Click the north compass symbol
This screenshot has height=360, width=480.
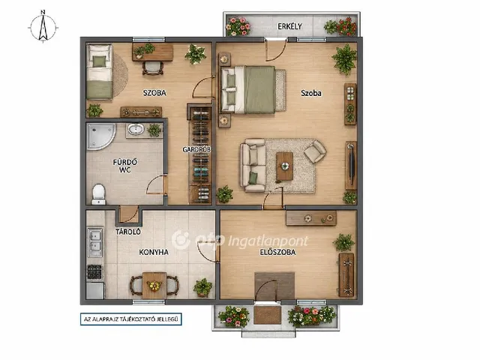coord(43,27)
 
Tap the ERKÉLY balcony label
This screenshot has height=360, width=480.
coord(289,27)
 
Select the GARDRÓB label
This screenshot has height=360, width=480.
coord(196,150)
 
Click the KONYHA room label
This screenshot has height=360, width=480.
coord(153,252)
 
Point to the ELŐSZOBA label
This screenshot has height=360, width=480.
coord(277,252)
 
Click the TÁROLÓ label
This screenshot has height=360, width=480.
coord(128,232)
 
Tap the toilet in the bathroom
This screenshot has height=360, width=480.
coord(98,194)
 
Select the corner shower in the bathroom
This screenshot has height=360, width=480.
coord(100,136)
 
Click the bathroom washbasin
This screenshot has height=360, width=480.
coord(136,129)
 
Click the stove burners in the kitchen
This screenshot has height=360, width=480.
coord(94,271)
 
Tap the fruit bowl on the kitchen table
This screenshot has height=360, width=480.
coord(154,286)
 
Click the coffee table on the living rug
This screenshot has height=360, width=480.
coord(285,166)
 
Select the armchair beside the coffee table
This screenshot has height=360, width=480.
coord(315,151)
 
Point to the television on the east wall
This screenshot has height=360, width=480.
coord(352,164)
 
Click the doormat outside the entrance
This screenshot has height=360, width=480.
coord(267,315)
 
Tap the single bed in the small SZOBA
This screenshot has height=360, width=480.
coord(99,71)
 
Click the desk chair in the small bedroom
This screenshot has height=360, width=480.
coord(153,68)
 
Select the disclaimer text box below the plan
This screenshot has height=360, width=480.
coord(131,319)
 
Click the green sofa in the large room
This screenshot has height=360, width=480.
coord(253,165)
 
